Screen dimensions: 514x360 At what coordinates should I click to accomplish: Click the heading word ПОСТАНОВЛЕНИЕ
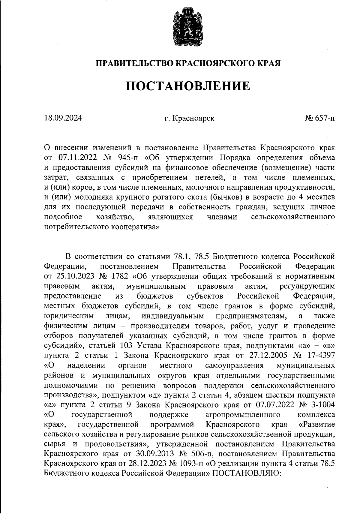tap(187, 86)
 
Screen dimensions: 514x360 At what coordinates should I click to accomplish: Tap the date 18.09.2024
tap(63, 118)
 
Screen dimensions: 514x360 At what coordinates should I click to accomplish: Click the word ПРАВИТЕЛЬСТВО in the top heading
tap(134, 63)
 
